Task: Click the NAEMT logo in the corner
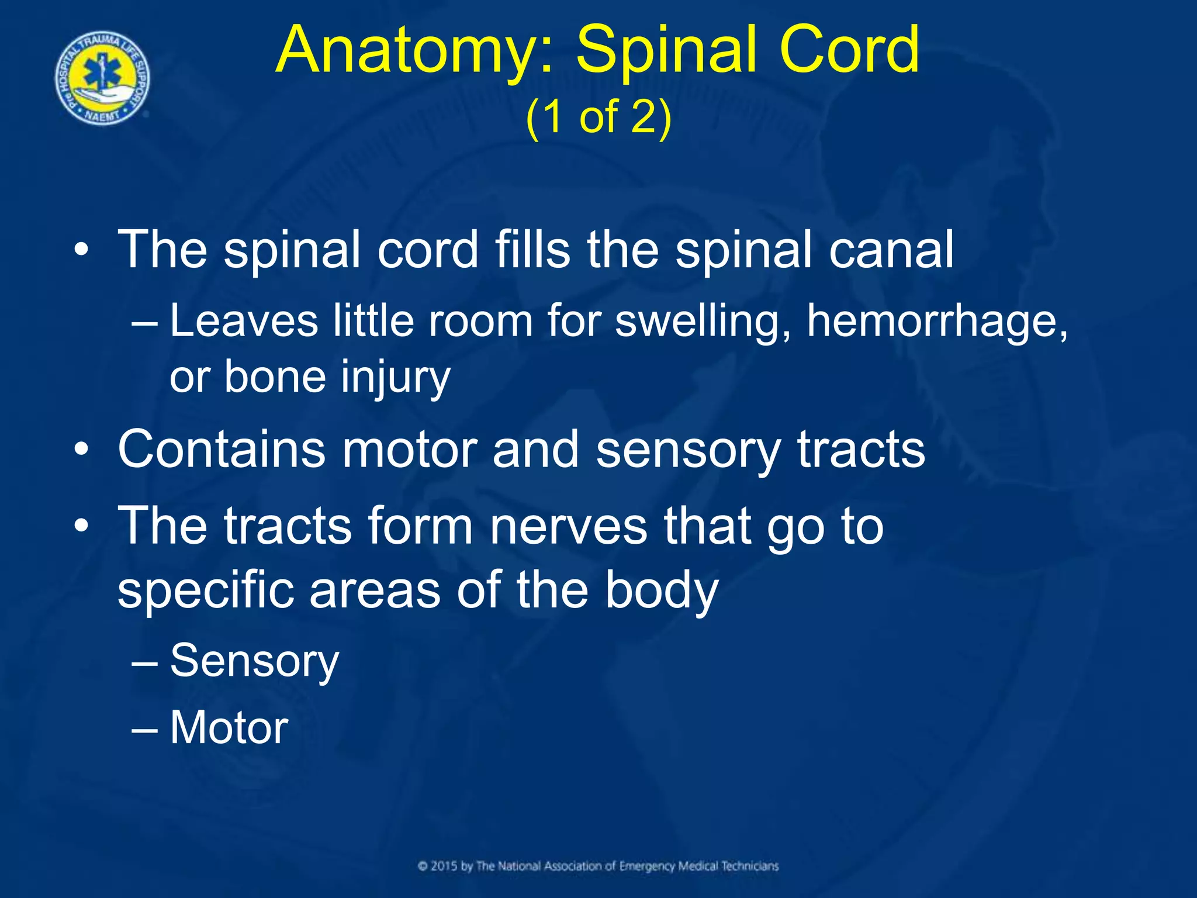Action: coord(102,78)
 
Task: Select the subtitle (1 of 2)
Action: coord(598,117)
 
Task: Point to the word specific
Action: coord(205,590)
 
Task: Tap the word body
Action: coord(660,590)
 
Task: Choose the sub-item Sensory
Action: coord(254,661)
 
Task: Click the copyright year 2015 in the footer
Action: coord(444,866)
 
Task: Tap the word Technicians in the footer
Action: coord(749,866)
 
